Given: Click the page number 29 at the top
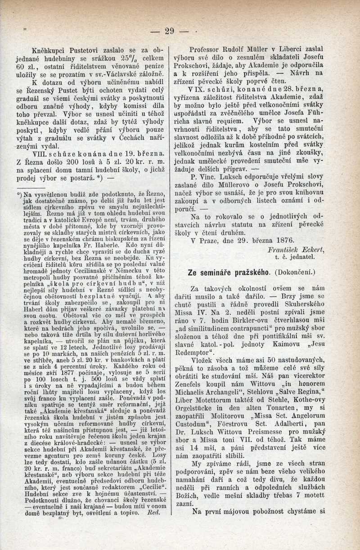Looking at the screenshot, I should tap(169, 31).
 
